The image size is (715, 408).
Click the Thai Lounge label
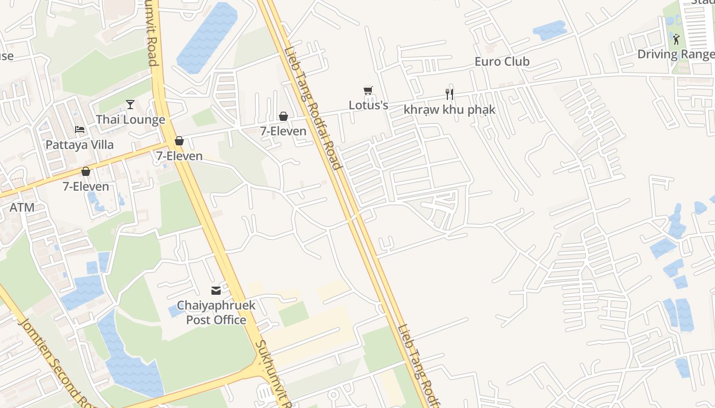[131, 120]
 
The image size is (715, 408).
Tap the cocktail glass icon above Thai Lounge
[130, 105]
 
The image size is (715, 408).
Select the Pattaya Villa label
[80, 145]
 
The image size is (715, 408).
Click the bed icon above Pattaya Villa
[80, 130]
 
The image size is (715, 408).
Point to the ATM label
[22, 208]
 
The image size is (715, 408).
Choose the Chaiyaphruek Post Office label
[216, 313]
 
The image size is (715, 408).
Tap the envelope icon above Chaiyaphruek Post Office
[216, 291]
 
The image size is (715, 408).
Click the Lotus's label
[368, 106]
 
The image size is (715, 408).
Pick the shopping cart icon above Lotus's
[368, 91]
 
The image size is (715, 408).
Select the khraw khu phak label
[449, 110]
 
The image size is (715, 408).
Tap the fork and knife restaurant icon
[449, 94]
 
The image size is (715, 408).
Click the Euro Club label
[502, 62]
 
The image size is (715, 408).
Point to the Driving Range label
[676, 54]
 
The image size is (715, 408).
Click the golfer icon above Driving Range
[676, 39]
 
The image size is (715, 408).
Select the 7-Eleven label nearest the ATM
[86, 187]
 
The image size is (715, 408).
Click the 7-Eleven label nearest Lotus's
[283, 131]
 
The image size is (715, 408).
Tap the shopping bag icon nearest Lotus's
[283, 116]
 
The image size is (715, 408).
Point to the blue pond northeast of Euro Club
[550, 30]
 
